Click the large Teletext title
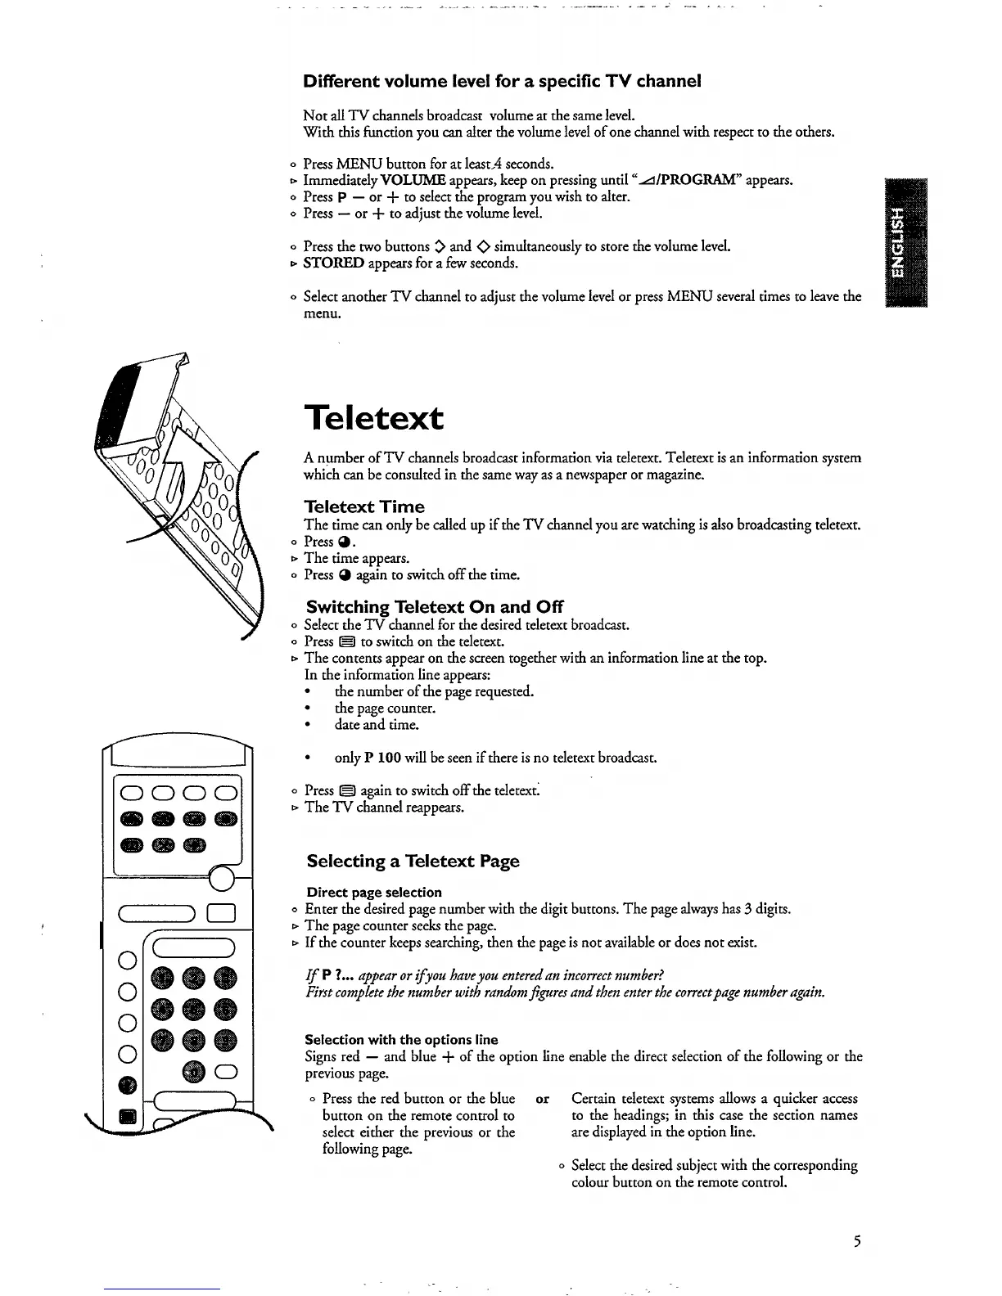(x=374, y=418)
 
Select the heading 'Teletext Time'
(x=364, y=506)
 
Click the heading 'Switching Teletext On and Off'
(x=435, y=607)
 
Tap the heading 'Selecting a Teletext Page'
(x=413, y=861)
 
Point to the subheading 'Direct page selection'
(x=374, y=892)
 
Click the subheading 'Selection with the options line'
(x=401, y=1040)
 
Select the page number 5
(x=856, y=1242)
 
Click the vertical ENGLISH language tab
(x=900, y=242)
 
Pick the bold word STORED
(x=333, y=263)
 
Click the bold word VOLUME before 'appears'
(x=413, y=180)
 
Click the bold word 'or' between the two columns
(x=542, y=1099)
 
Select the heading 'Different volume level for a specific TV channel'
(x=502, y=82)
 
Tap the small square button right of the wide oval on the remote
(x=222, y=914)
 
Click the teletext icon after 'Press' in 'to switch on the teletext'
(x=348, y=641)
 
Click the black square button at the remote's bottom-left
(x=128, y=1117)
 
